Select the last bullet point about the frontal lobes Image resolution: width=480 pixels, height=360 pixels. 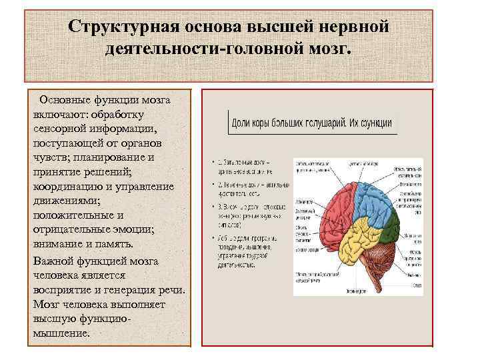[214, 238]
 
